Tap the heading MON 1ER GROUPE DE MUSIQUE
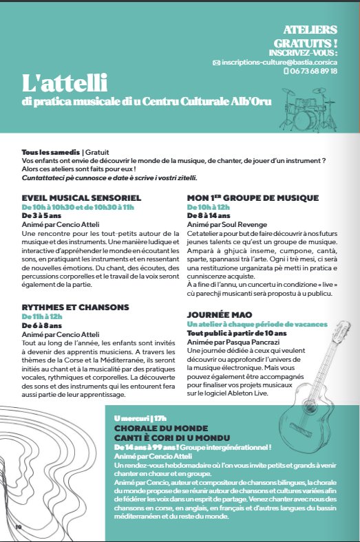[x=253, y=197]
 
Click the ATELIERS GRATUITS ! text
[x=310, y=36]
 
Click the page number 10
[x=19, y=527]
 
